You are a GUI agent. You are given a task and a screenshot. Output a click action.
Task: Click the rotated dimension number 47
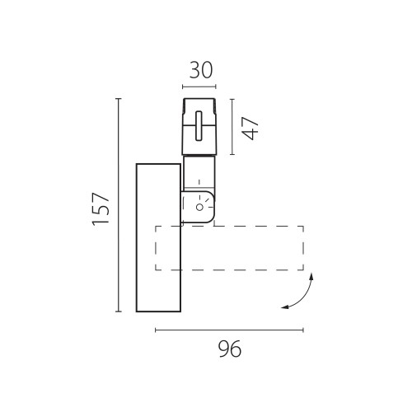point(251,126)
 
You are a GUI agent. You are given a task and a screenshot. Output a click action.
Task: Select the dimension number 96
point(229,350)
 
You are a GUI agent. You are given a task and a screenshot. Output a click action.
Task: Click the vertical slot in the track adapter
point(199,128)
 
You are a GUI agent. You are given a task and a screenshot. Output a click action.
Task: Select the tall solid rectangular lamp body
point(157,238)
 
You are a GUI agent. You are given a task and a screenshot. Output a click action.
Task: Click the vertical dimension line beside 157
point(119,205)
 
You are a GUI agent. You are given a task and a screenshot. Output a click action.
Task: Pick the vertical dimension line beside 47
point(232,126)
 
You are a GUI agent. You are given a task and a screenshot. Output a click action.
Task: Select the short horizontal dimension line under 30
point(199,86)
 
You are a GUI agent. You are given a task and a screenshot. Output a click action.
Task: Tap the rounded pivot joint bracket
point(199,207)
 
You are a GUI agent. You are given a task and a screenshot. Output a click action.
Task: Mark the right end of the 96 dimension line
point(303,330)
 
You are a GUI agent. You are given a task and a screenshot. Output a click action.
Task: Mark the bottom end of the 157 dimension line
point(119,311)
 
